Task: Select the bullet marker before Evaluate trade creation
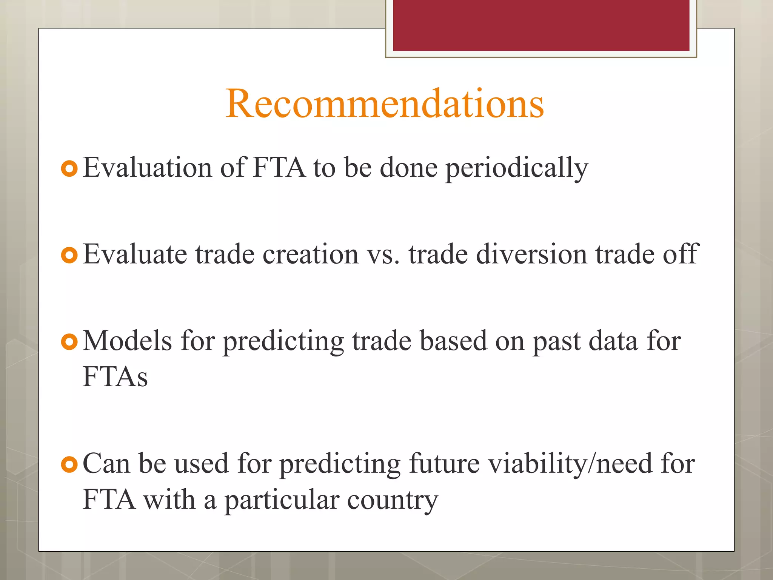(x=69, y=255)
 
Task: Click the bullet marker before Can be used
(x=69, y=464)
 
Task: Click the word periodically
(x=517, y=168)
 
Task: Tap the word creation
(x=310, y=254)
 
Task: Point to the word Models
(x=127, y=341)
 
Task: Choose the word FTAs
(x=115, y=376)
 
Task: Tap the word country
(x=392, y=501)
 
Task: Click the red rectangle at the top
(x=541, y=25)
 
